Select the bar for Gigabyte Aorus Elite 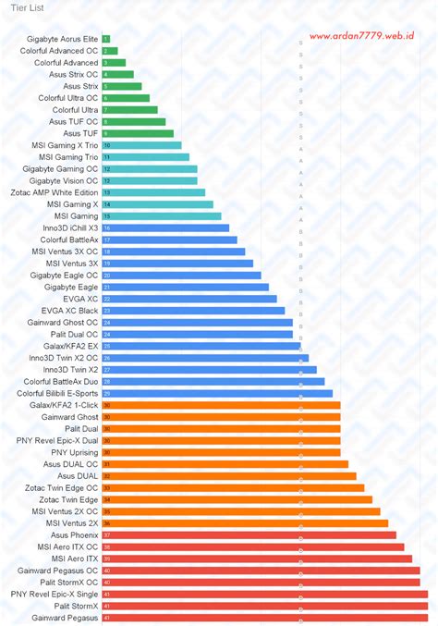click(x=106, y=39)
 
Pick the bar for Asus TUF click(x=138, y=133)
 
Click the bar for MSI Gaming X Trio click(x=141, y=145)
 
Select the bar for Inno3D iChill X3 click(x=165, y=227)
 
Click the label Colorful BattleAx click(x=68, y=239)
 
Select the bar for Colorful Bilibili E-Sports click(x=217, y=393)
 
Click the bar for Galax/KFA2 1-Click click(x=221, y=405)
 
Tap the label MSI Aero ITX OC click(x=67, y=546)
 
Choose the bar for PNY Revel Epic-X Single click(x=264, y=594)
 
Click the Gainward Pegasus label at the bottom click(x=65, y=618)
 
